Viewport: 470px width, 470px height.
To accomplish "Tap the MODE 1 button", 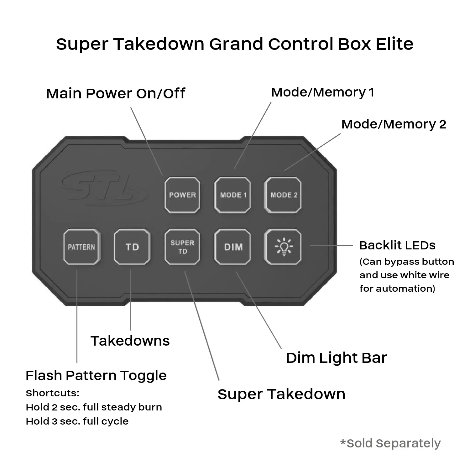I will (x=232, y=195).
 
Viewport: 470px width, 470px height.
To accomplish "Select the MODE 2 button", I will (x=283, y=195).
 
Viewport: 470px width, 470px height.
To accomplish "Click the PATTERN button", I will (x=81, y=247).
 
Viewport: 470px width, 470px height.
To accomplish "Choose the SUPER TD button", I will (x=182, y=247).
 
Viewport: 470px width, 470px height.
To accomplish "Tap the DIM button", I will (x=232, y=247).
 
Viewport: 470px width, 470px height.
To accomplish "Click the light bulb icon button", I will (x=283, y=247).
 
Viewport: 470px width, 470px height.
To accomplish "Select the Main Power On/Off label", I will (x=115, y=93).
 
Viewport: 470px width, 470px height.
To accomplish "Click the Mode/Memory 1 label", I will (x=322, y=92).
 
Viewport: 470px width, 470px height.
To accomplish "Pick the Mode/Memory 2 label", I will (x=394, y=124).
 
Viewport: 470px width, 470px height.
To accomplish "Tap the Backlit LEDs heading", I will (x=397, y=245).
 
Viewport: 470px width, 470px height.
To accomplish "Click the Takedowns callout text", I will (x=130, y=341).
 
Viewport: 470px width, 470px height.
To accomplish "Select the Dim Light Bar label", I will (x=336, y=358).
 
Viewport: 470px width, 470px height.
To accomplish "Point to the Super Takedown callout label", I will (x=281, y=394).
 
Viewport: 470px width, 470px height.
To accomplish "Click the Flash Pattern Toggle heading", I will (x=96, y=375).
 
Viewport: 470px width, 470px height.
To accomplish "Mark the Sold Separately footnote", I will (x=390, y=443).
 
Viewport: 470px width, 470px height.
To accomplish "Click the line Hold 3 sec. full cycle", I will (x=77, y=421).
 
